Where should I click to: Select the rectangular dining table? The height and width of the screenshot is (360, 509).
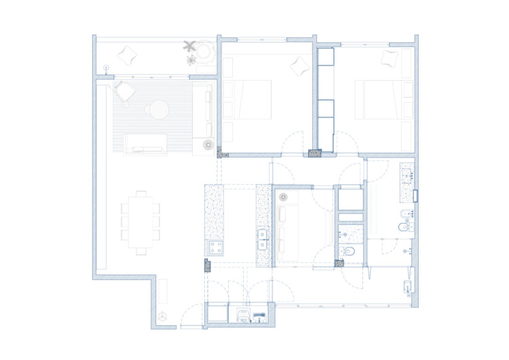pyautogui.click(x=140, y=221)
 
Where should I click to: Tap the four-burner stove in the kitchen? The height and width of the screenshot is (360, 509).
pyautogui.click(x=216, y=247)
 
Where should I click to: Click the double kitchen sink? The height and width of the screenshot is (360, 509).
pyautogui.click(x=263, y=237)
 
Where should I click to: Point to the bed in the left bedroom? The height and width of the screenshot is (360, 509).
pyautogui.click(x=247, y=100)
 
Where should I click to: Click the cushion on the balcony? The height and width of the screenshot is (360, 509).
pyautogui.click(x=127, y=54)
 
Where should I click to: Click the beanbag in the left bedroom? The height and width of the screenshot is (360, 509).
pyautogui.click(x=299, y=66)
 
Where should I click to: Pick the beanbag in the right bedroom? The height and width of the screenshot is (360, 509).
pyautogui.click(x=390, y=58)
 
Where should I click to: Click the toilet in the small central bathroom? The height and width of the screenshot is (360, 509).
pyautogui.click(x=349, y=253)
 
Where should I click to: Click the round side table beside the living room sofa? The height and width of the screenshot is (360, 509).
pyautogui.click(x=206, y=144)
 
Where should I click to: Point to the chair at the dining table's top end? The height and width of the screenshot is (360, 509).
pyautogui.click(x=140, y=194)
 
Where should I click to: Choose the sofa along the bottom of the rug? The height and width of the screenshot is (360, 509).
pyautogui.click(x=145, y=143)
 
